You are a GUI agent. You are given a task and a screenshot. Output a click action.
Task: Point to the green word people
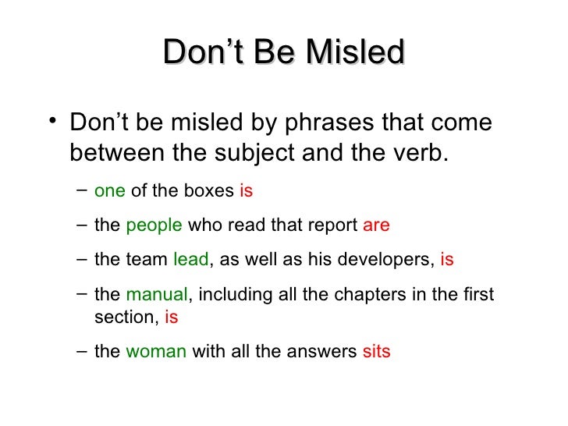[153, 225]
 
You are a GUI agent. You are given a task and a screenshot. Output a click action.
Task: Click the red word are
[376, 225]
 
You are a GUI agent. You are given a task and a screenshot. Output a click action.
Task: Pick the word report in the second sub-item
[332, 225]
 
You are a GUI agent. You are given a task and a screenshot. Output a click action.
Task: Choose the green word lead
[190, 261]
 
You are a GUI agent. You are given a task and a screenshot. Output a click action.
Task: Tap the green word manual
[156, 296]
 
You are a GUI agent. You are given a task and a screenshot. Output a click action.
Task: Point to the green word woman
[156, 352]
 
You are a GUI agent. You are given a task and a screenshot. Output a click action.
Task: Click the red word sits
[376, 352]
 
